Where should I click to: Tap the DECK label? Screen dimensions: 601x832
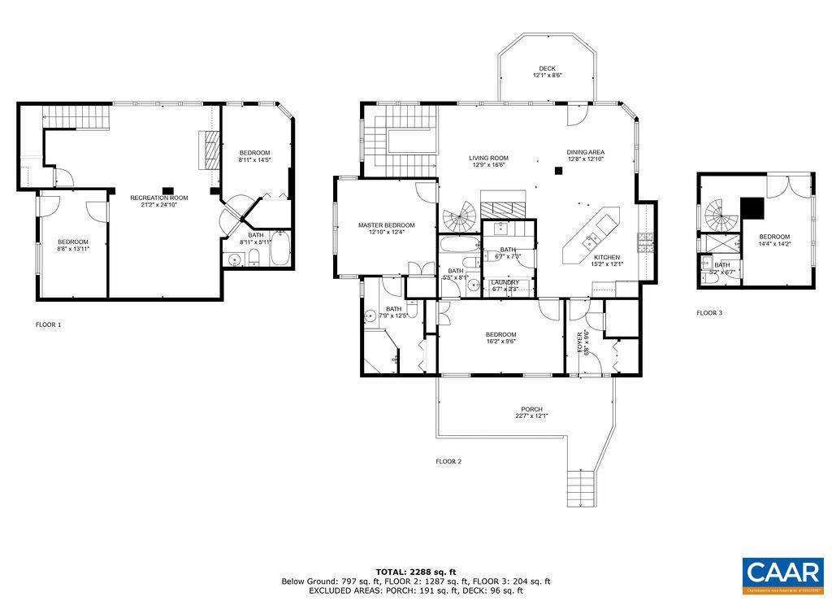(x=548, y=68)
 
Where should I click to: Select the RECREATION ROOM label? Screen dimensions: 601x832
(x=159, y=198)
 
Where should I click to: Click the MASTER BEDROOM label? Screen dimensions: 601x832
(x=386, y=225)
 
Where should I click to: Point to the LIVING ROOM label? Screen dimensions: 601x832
(x=488, y=158)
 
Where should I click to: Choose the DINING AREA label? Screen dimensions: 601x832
(x=585, y=152)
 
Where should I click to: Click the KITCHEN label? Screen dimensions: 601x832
(x=606, y=257)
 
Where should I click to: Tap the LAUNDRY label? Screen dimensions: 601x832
(x=505, y=282)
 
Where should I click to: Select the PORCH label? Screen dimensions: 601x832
(x=531, y=409)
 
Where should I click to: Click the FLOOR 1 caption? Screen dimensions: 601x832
(x=48, y=324)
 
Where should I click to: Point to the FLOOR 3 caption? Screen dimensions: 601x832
(x=708, y=312)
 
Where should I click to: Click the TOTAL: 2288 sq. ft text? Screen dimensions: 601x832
(x=415, y=572)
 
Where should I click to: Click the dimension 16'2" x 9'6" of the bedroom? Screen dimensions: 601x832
(x=500, y=342)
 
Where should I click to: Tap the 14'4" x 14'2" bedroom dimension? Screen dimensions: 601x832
(x=774, y=243)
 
